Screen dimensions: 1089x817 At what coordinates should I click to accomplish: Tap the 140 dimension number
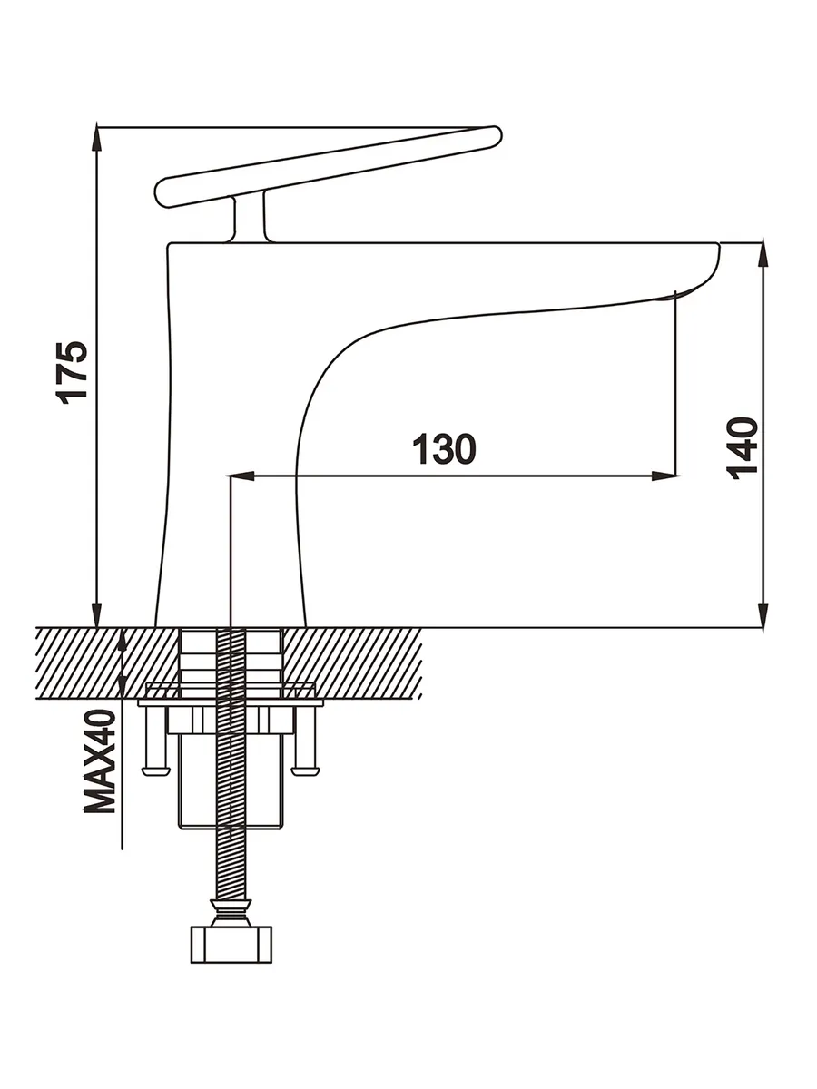point(743,448)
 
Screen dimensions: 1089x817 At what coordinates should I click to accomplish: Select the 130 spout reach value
point(444,449)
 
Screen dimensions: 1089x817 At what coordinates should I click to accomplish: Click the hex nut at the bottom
point(231,944)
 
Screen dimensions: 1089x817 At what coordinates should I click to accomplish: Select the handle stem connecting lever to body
point(250,218)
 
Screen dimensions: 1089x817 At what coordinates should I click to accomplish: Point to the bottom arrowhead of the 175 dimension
point(96,615)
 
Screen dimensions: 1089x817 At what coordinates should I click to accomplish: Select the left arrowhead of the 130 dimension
point(241,475)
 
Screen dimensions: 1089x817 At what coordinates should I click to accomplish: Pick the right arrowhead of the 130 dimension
point(667,475)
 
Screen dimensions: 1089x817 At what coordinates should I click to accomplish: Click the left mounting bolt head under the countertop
point(156,770)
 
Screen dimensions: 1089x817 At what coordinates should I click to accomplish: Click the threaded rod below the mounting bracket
point(231,862)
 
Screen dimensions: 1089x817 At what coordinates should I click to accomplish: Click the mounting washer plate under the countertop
point(231,701)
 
